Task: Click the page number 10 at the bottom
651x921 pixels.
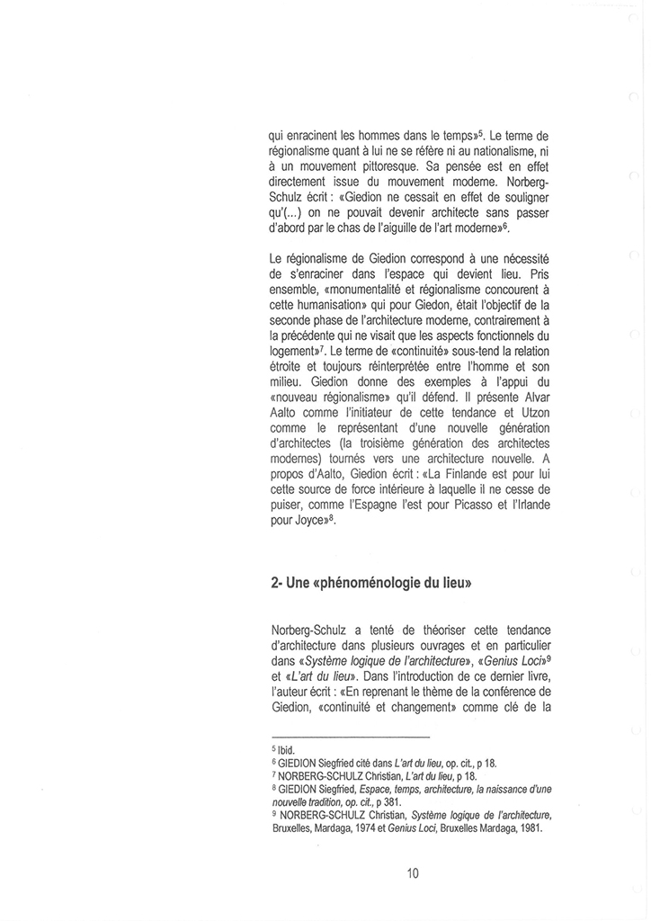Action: pos(413,872)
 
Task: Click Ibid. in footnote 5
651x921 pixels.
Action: pos(290,749)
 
